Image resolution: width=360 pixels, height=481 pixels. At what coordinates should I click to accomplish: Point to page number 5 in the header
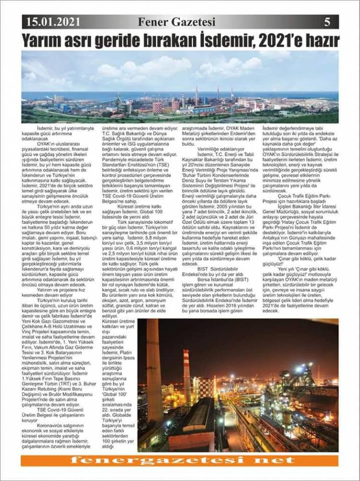tap(327, 22)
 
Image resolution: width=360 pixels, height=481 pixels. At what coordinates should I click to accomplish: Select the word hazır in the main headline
tap(319, 40)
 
